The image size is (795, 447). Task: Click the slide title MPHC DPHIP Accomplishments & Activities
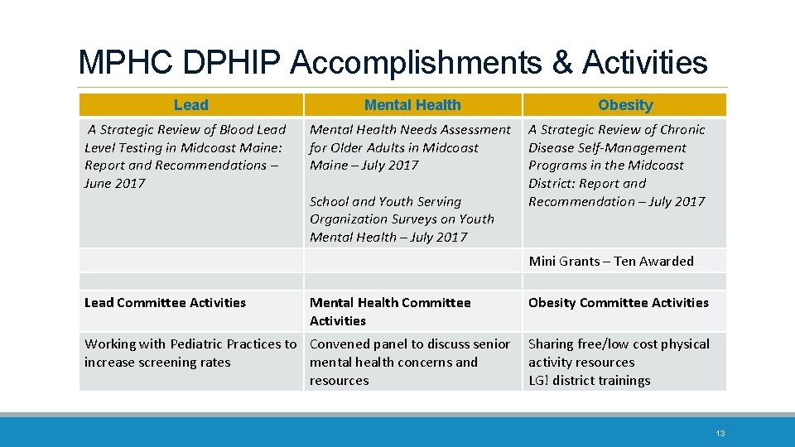coord(393,63)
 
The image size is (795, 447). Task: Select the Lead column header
coord(191,105)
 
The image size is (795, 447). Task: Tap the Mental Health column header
coord(412,105)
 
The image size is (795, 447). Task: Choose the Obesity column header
coord(625,105)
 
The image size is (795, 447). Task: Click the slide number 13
coord(720,433)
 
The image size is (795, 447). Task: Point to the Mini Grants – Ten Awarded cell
coord(611,261)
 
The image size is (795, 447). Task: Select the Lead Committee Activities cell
coord(166,302)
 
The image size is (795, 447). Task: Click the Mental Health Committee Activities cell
coord(390,311)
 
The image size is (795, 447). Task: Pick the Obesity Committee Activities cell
coord(619,302)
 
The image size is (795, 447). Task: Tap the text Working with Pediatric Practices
coord(190,344)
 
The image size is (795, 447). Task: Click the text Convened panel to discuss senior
coord(410,344)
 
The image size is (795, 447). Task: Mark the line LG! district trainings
coord(590,381)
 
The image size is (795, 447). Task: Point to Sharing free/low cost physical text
coord(619,344)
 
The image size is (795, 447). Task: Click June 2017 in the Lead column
coord(114,184)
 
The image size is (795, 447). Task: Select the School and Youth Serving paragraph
coord(402,219)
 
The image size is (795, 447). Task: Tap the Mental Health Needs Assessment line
coord(410,130)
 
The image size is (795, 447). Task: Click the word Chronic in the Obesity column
coord(677,130)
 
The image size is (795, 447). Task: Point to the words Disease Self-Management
coord(607,148)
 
